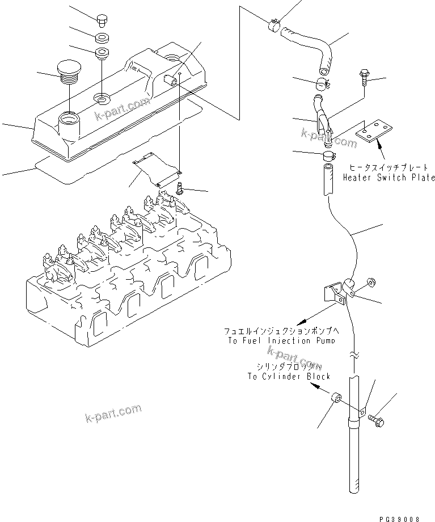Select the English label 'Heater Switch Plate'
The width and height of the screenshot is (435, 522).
(x=389, y=178)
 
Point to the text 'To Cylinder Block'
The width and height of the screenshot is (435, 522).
(x=289, y=376)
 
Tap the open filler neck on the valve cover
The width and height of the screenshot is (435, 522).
(x=67, y=120)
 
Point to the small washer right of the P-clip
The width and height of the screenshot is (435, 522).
(x=370, y=281)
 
